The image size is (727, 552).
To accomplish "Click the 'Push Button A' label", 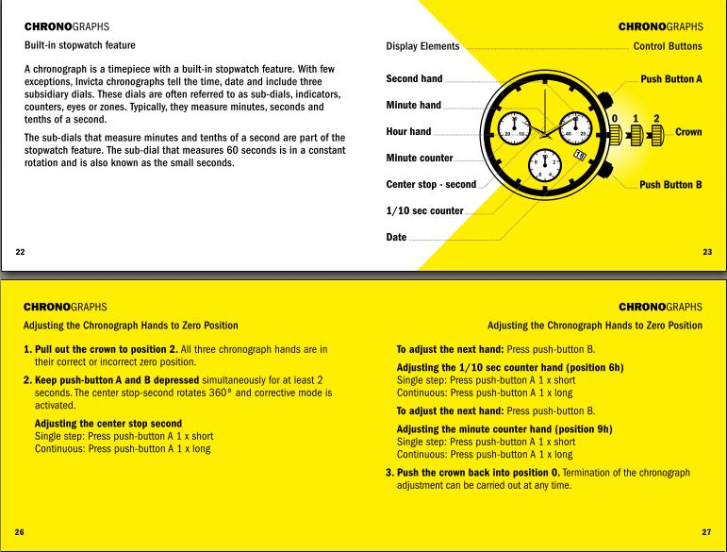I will (x=670, y=79).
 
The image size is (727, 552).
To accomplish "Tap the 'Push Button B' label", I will (x=670, y=185).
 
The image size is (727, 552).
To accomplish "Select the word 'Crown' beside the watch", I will (x=688, y=132).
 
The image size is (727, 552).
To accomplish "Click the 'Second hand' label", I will (x=414, y=79).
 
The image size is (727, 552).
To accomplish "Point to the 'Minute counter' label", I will (x=420, y=158).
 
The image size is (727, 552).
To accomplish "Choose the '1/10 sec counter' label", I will (x=424, y=210).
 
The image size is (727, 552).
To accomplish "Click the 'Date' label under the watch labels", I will (x=396, y=237).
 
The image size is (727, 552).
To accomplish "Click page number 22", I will (x=21, y=250).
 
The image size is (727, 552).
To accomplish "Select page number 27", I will (x=706, y=531).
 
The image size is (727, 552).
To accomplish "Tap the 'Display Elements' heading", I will (x=422, y=45).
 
